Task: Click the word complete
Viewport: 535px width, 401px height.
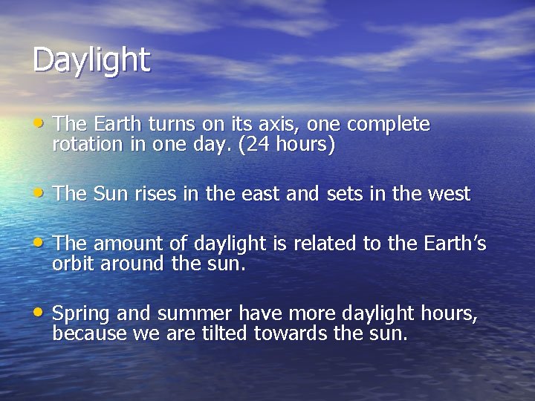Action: click(x=389, y=124)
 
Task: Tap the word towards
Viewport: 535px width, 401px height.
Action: click(x=291, y=334)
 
